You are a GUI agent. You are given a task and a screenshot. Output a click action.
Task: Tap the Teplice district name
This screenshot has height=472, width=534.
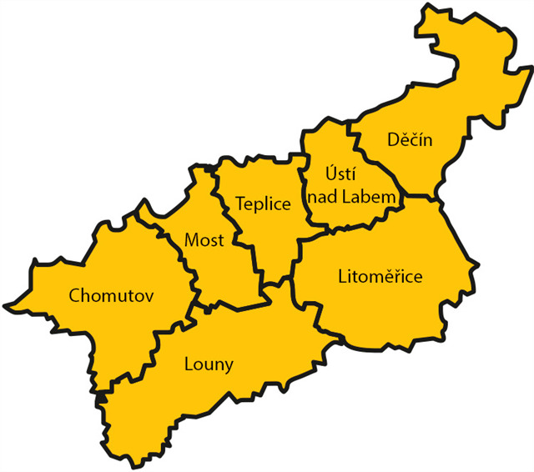(263, 204)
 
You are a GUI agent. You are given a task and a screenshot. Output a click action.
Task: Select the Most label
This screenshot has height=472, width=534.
(204, 241)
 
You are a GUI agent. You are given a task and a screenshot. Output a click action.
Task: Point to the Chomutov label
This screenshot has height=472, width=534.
(112, 294)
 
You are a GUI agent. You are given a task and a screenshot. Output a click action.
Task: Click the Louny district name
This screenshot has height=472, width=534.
(209, 364)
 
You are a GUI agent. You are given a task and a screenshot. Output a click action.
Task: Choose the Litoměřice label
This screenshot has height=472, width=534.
(380, 276)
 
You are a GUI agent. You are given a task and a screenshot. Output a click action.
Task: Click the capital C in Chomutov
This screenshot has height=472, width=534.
(75, 294)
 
